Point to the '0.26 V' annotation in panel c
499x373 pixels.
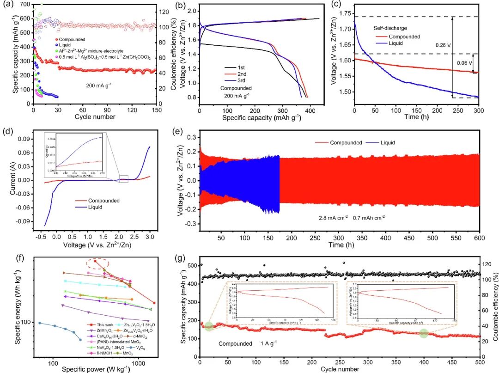point(444,46)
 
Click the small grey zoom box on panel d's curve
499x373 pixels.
point(123,179)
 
